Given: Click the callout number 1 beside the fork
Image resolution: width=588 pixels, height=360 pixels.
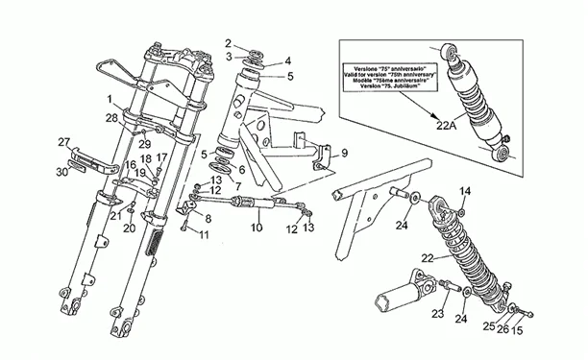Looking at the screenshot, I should pos(111,99).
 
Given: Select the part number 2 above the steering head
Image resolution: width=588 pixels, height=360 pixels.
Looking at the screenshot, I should pos(229,42).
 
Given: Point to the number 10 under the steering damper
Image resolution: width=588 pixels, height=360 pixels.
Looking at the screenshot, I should pos(256,228).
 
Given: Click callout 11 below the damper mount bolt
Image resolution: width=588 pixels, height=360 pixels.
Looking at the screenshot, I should pos(204,235).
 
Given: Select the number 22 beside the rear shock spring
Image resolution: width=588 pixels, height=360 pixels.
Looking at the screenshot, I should pos(428,257).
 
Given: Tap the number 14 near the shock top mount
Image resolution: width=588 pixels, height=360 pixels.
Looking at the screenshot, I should pos(466,192).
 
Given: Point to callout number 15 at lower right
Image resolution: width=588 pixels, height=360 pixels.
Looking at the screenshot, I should pos(519,331).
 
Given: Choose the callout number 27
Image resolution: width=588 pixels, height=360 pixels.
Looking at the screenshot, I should pos(64,142).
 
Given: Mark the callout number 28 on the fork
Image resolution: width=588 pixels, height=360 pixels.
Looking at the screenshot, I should pos(112,118).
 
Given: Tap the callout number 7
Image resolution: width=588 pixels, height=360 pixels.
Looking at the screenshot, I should pos(237,185).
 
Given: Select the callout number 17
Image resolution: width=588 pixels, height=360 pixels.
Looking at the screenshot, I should pos(161,158).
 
